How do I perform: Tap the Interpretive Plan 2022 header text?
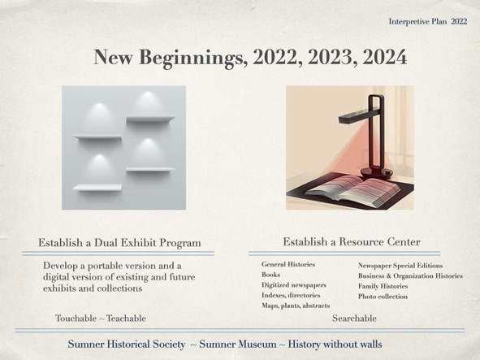428,21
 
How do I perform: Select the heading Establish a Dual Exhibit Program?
119,243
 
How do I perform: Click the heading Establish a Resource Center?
352,242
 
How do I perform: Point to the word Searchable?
354,319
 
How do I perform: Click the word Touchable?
76,319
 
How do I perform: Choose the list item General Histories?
288,264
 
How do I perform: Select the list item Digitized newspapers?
294,285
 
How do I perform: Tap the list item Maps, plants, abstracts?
296,306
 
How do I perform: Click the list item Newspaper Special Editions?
400,266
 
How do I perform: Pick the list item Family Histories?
383,286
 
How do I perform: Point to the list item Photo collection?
383,297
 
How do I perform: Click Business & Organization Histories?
410,276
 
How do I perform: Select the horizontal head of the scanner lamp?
355,116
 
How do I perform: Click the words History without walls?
335,344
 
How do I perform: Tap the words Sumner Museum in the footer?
238,344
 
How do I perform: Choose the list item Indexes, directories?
291,295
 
